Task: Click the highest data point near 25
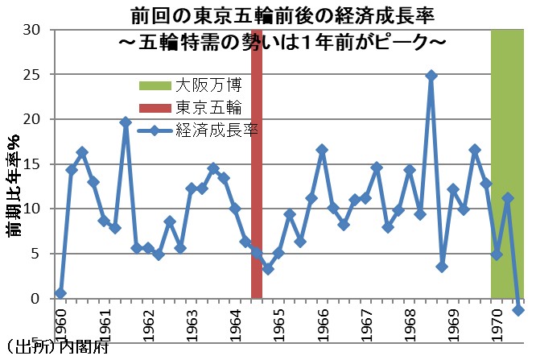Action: pos(431,75)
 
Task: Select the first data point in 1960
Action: pos(60,293)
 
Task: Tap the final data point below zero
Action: pos(518,310)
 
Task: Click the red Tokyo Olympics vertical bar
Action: pos(257,161)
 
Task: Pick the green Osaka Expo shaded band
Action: pos(509,161)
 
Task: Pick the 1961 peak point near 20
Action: pos(126,122)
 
